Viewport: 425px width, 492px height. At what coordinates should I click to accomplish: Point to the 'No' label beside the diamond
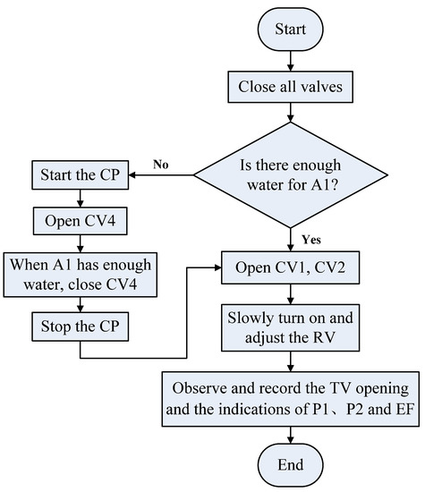coord(162,164)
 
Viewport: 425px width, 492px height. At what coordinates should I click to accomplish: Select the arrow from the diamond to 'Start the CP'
coord(161,173)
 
